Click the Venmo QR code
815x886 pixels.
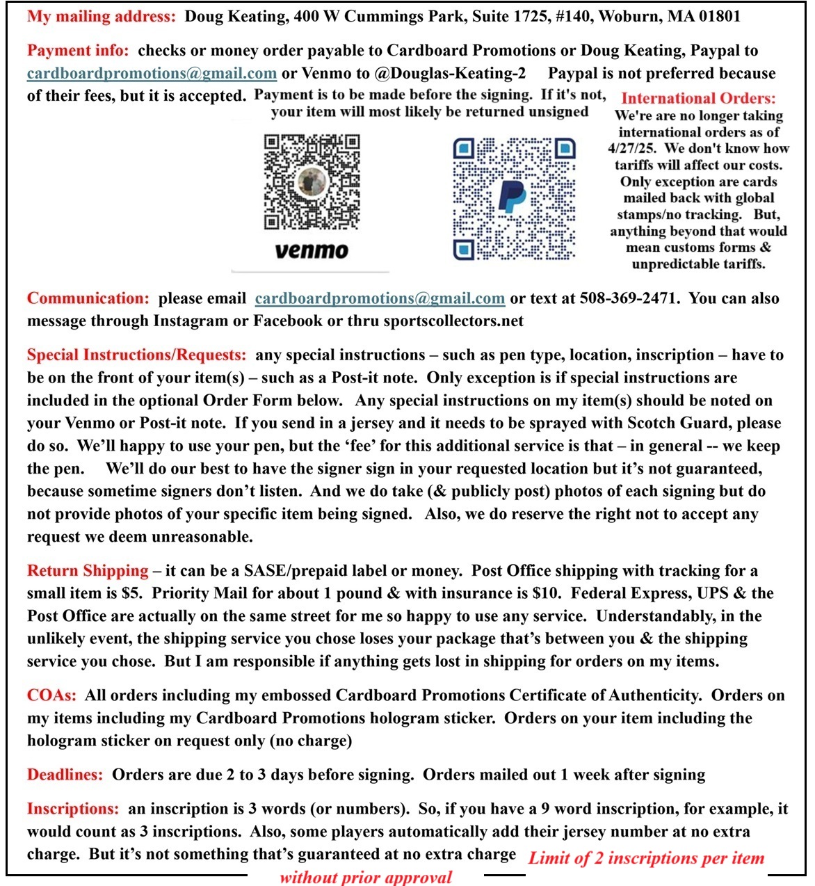click(x=312, y=182)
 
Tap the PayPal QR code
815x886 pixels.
click(x=515, y=198)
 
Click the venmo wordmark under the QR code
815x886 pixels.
click(x=312, y=250)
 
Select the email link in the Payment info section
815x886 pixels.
click(x=152, y=73)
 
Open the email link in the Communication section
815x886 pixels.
click(x=380, y=298)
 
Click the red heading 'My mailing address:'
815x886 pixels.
click(x=102, y=16)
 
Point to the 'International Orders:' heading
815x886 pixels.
click(x=698, y=99)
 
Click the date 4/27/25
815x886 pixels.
click(x=631, y=148)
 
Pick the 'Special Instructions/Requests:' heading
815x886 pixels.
click(x=136, y=355)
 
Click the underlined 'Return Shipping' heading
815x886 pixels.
click(x=88, y=571)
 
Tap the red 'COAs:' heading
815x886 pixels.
click(x=51, y=695)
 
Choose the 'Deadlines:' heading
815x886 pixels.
click(x=65, y=775)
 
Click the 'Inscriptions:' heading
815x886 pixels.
click(x=72, y=809)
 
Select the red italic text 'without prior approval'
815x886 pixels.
click(x=366, y=877)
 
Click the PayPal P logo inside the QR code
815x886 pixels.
click(x=513, y=197)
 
